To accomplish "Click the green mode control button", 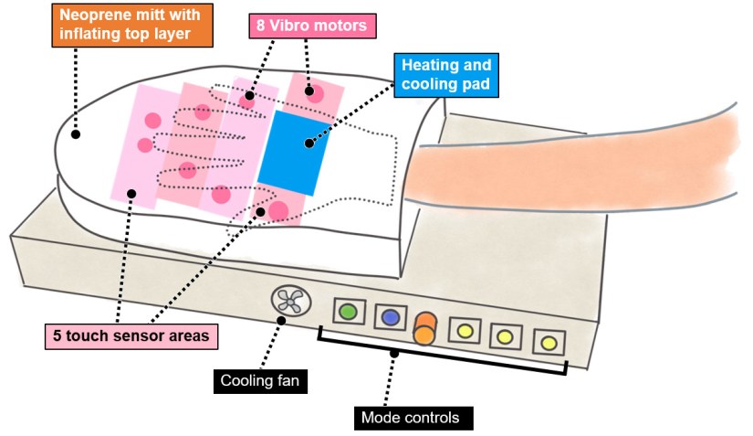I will tap(347, 311).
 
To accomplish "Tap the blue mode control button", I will tap(391, 317).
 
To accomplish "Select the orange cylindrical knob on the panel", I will tap(424, 328).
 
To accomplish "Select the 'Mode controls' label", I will tap(416, 418).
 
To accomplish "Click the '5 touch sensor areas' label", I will tap(131, 335).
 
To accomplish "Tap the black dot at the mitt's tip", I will tap(76, 134).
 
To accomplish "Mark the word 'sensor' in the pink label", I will tap(138, 335).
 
